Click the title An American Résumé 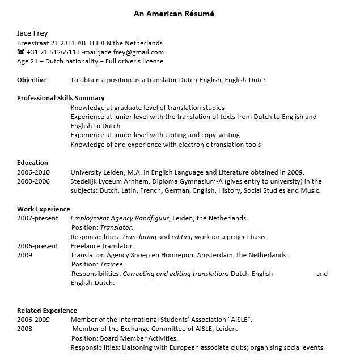pyautogui.click(x=174, y=14)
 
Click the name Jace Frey pyautogui.click(x=32, y=33)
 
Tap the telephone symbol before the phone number pyautogui.click(x=21, y=52)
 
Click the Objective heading pyautogui.click(x=32, y=80)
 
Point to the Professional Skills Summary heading pyautogui.click(x=61, y=98)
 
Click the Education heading pyautogui.click(x=32, y=163)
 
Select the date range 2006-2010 pyautogui.click(x=33, y=172)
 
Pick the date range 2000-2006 pyautogui.click(x=33, y=181)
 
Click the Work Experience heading pyautogui.click(x=44, y=209)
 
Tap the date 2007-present pyautogui.click(x=37, y=218)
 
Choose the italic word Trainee pyautogui.click(x=112, y=264)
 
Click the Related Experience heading pyautogui.click(x=47, y=311)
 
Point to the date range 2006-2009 pyautogui.click(x=33, y=320)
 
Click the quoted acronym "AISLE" pyautogui.click(x=240, y=320)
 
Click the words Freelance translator pyautogui.click(x=102, y=246)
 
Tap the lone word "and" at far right pyautogui.click(x=322, y=274)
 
